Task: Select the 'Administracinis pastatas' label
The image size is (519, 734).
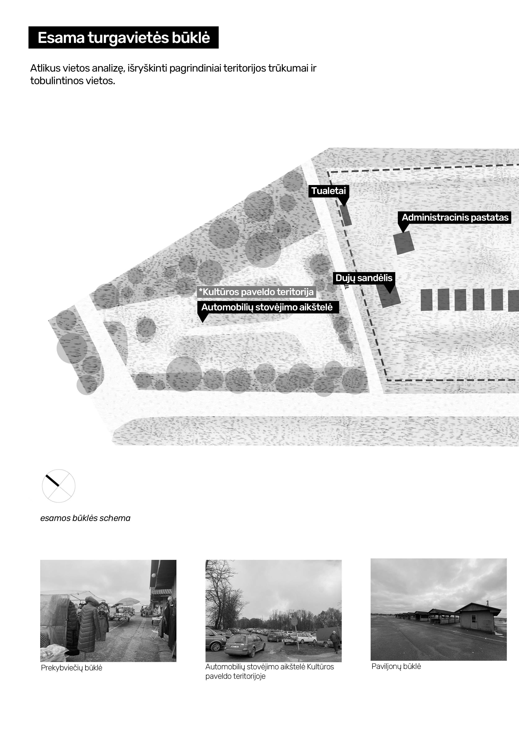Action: [x=455, y=217]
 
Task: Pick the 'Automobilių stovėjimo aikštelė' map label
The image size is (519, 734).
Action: [x=267, y=307]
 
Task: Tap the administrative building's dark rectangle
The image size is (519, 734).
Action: [x=404, y=243]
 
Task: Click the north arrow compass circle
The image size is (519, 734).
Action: [x=58, y=486]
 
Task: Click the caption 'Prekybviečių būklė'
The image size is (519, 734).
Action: [x=72, y=668]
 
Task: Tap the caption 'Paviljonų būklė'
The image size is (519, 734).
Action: [x=396, y=666]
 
